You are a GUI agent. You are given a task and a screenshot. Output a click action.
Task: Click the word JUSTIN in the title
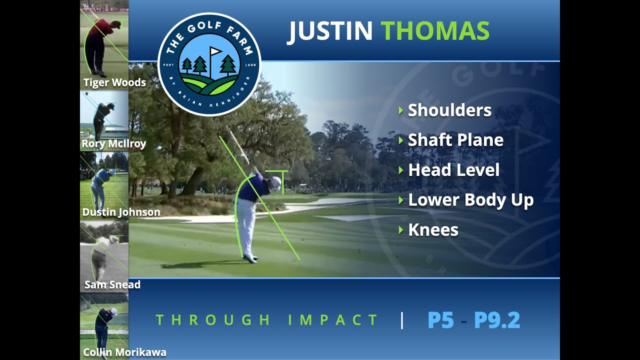pyautogui.click(x=330, y=31)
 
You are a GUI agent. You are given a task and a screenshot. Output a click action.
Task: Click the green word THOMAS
pyautogui.click(x=435, y=30)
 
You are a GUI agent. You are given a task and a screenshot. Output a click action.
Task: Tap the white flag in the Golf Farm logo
pyautogui.click(x=215, y=51)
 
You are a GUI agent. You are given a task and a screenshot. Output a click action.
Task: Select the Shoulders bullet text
pyautogui.click(x=449, y=110)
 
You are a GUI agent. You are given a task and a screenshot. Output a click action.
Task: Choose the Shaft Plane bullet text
pyautogui.click(x=455, y=140)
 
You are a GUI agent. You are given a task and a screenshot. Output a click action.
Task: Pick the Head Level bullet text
pyautogui.click(x=454, y=170)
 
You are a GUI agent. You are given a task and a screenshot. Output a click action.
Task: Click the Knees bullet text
pyautogui.click(x=433, y=230)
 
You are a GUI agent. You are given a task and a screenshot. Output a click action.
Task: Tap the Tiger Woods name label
pyautogui.click(x=114, y=82)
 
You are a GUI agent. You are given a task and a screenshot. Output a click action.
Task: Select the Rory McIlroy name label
pyautogui.click(x=113, y=143)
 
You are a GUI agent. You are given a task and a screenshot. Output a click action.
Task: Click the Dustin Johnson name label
pyautogui.click(x=121, y=212)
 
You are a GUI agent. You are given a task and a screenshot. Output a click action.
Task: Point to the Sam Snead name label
pyautogui.click(x=112, y=284)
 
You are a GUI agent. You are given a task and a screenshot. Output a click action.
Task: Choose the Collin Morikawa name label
pyautogui.click(x=124, y=352)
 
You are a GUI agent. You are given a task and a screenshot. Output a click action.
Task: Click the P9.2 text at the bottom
pyautogui.click(x=497, y=320)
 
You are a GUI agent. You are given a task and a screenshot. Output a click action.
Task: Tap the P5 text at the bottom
pyautogui.click(x=440, y=320)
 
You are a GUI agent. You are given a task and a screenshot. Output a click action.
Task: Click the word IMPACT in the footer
pyautogui.click(x=333, y=320)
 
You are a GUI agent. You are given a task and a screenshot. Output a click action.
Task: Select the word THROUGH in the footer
pyautogui.click(x=213, y=320)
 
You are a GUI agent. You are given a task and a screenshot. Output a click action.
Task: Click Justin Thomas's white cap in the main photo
pyautogui.click(x=276, y=181)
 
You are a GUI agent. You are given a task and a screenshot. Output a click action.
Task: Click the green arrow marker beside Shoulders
pyautogui.click(x=401, y=110)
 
